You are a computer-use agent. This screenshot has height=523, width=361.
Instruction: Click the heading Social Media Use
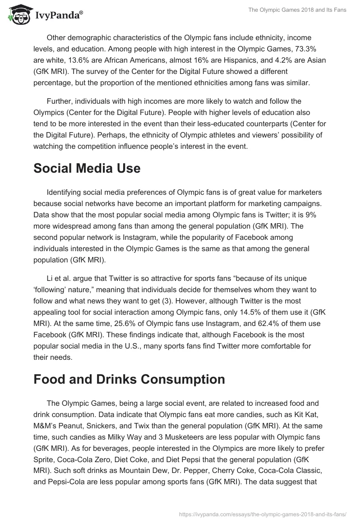[x=87, y=169]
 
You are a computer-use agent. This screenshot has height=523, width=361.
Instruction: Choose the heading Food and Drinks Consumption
[x=129, y=380]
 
